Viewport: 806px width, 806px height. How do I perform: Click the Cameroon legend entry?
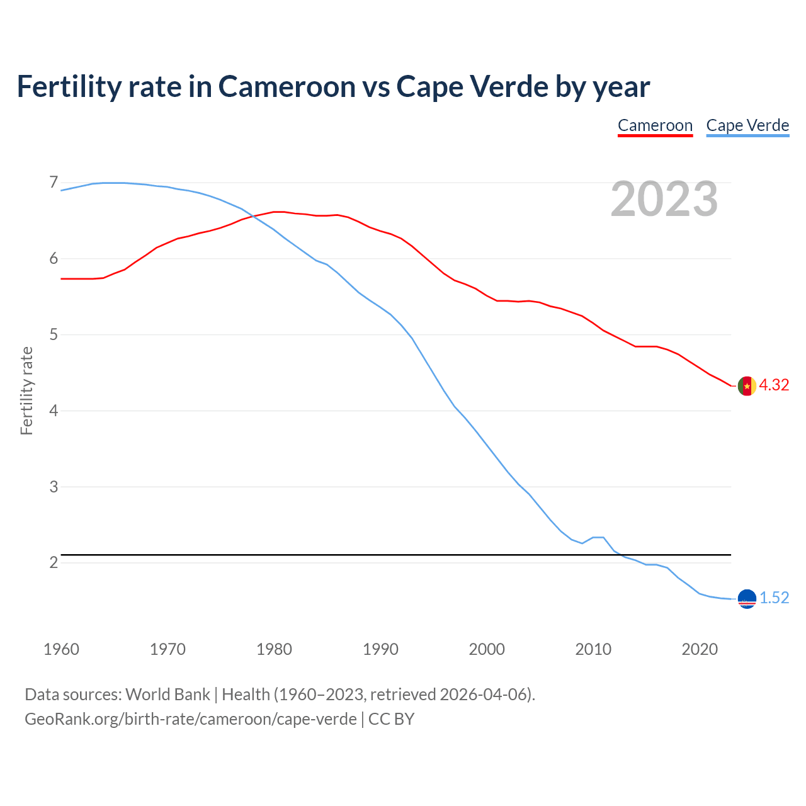[x=655, y=125]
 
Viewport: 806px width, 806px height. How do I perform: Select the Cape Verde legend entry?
[x=747, y=125]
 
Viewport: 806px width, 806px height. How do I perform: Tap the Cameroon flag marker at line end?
[x=747, y=385]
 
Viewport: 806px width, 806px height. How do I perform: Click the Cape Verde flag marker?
[x=747, y=599]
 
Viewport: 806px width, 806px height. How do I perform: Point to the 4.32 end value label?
[x=774, y=385]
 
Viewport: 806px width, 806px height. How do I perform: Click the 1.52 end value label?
[x=774, y=598]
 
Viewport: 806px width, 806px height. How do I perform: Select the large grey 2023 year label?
[x=664, y=199]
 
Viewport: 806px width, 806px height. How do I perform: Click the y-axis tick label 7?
[x=54, y=183]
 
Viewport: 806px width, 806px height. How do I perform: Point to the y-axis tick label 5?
[x=54, y=334]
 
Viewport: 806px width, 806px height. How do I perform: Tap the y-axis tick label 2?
[x=54, y=562]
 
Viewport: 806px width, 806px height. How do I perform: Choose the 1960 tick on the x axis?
[x=61, y=649]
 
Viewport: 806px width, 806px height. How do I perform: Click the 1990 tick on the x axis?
[x=380, y=649]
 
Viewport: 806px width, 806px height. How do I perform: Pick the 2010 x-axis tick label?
[x=593, y=649]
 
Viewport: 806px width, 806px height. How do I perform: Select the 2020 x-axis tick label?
[x=700, y=649]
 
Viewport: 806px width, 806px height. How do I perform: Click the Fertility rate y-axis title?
[x=26, y=390]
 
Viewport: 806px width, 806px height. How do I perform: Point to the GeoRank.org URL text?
[x=190, y=719]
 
